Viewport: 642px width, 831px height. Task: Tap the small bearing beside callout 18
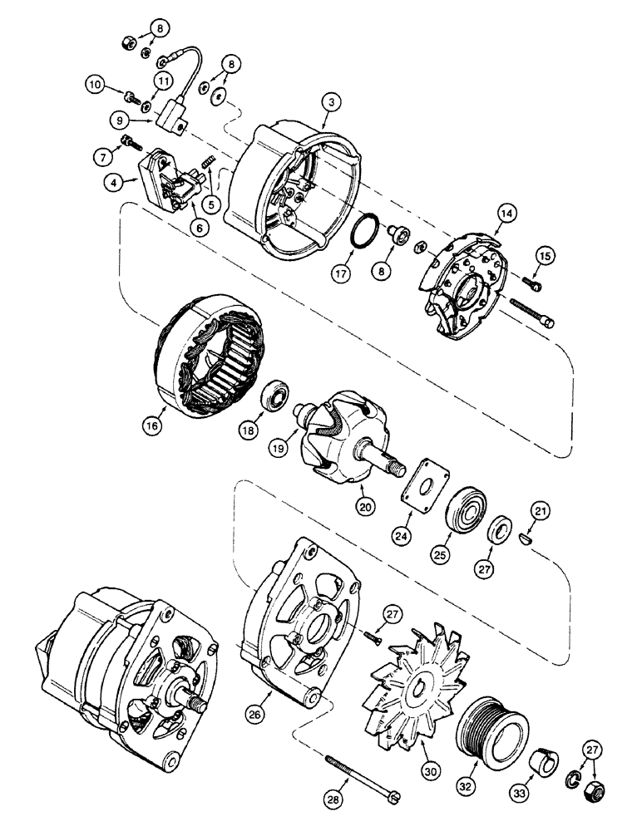pyautogui.click(x=275, y=395)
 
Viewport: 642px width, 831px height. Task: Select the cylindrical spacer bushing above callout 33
pyautogui.click(x=543, y=757)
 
